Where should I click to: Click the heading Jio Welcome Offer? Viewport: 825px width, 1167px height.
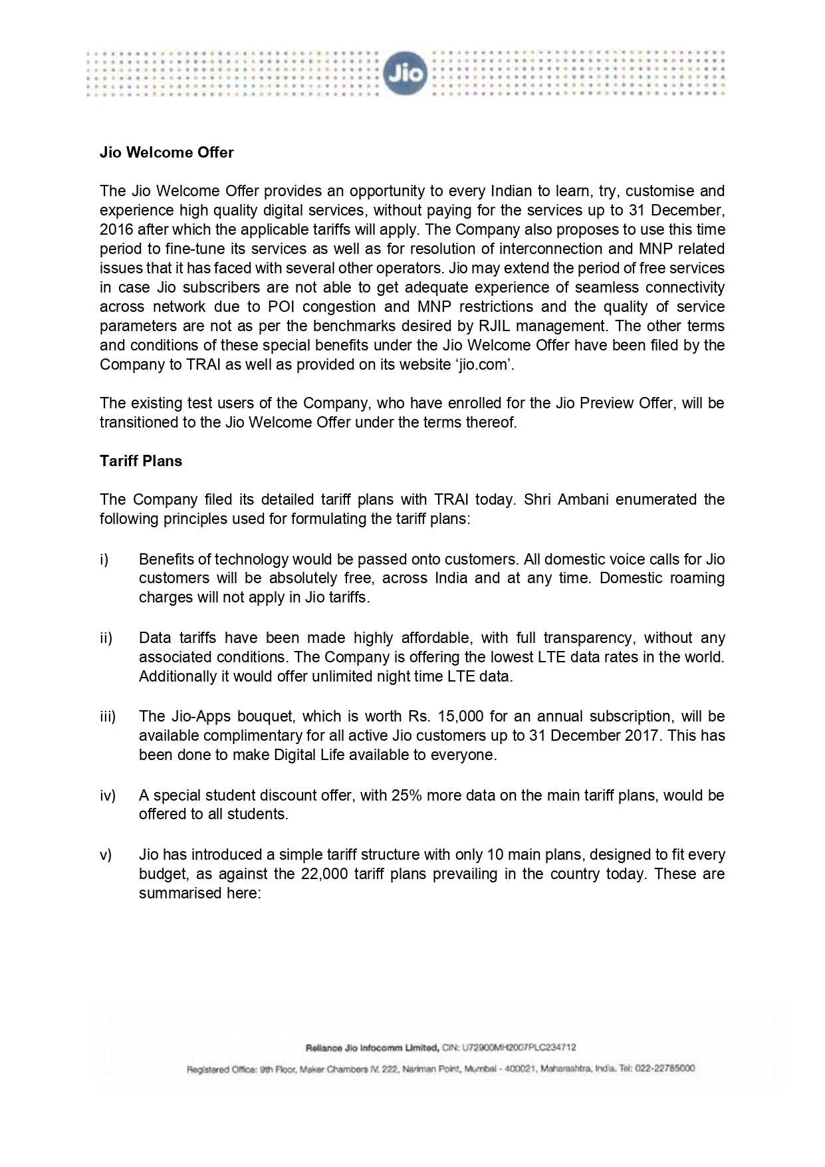(166, 153)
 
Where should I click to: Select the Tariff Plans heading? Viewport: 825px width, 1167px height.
(141, 461)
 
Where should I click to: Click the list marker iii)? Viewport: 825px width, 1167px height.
(108, 717)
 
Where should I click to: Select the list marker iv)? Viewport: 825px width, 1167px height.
(108, 795)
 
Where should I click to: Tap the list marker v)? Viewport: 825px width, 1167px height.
(106, 854)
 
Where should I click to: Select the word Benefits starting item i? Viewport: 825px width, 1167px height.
(166, 559)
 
